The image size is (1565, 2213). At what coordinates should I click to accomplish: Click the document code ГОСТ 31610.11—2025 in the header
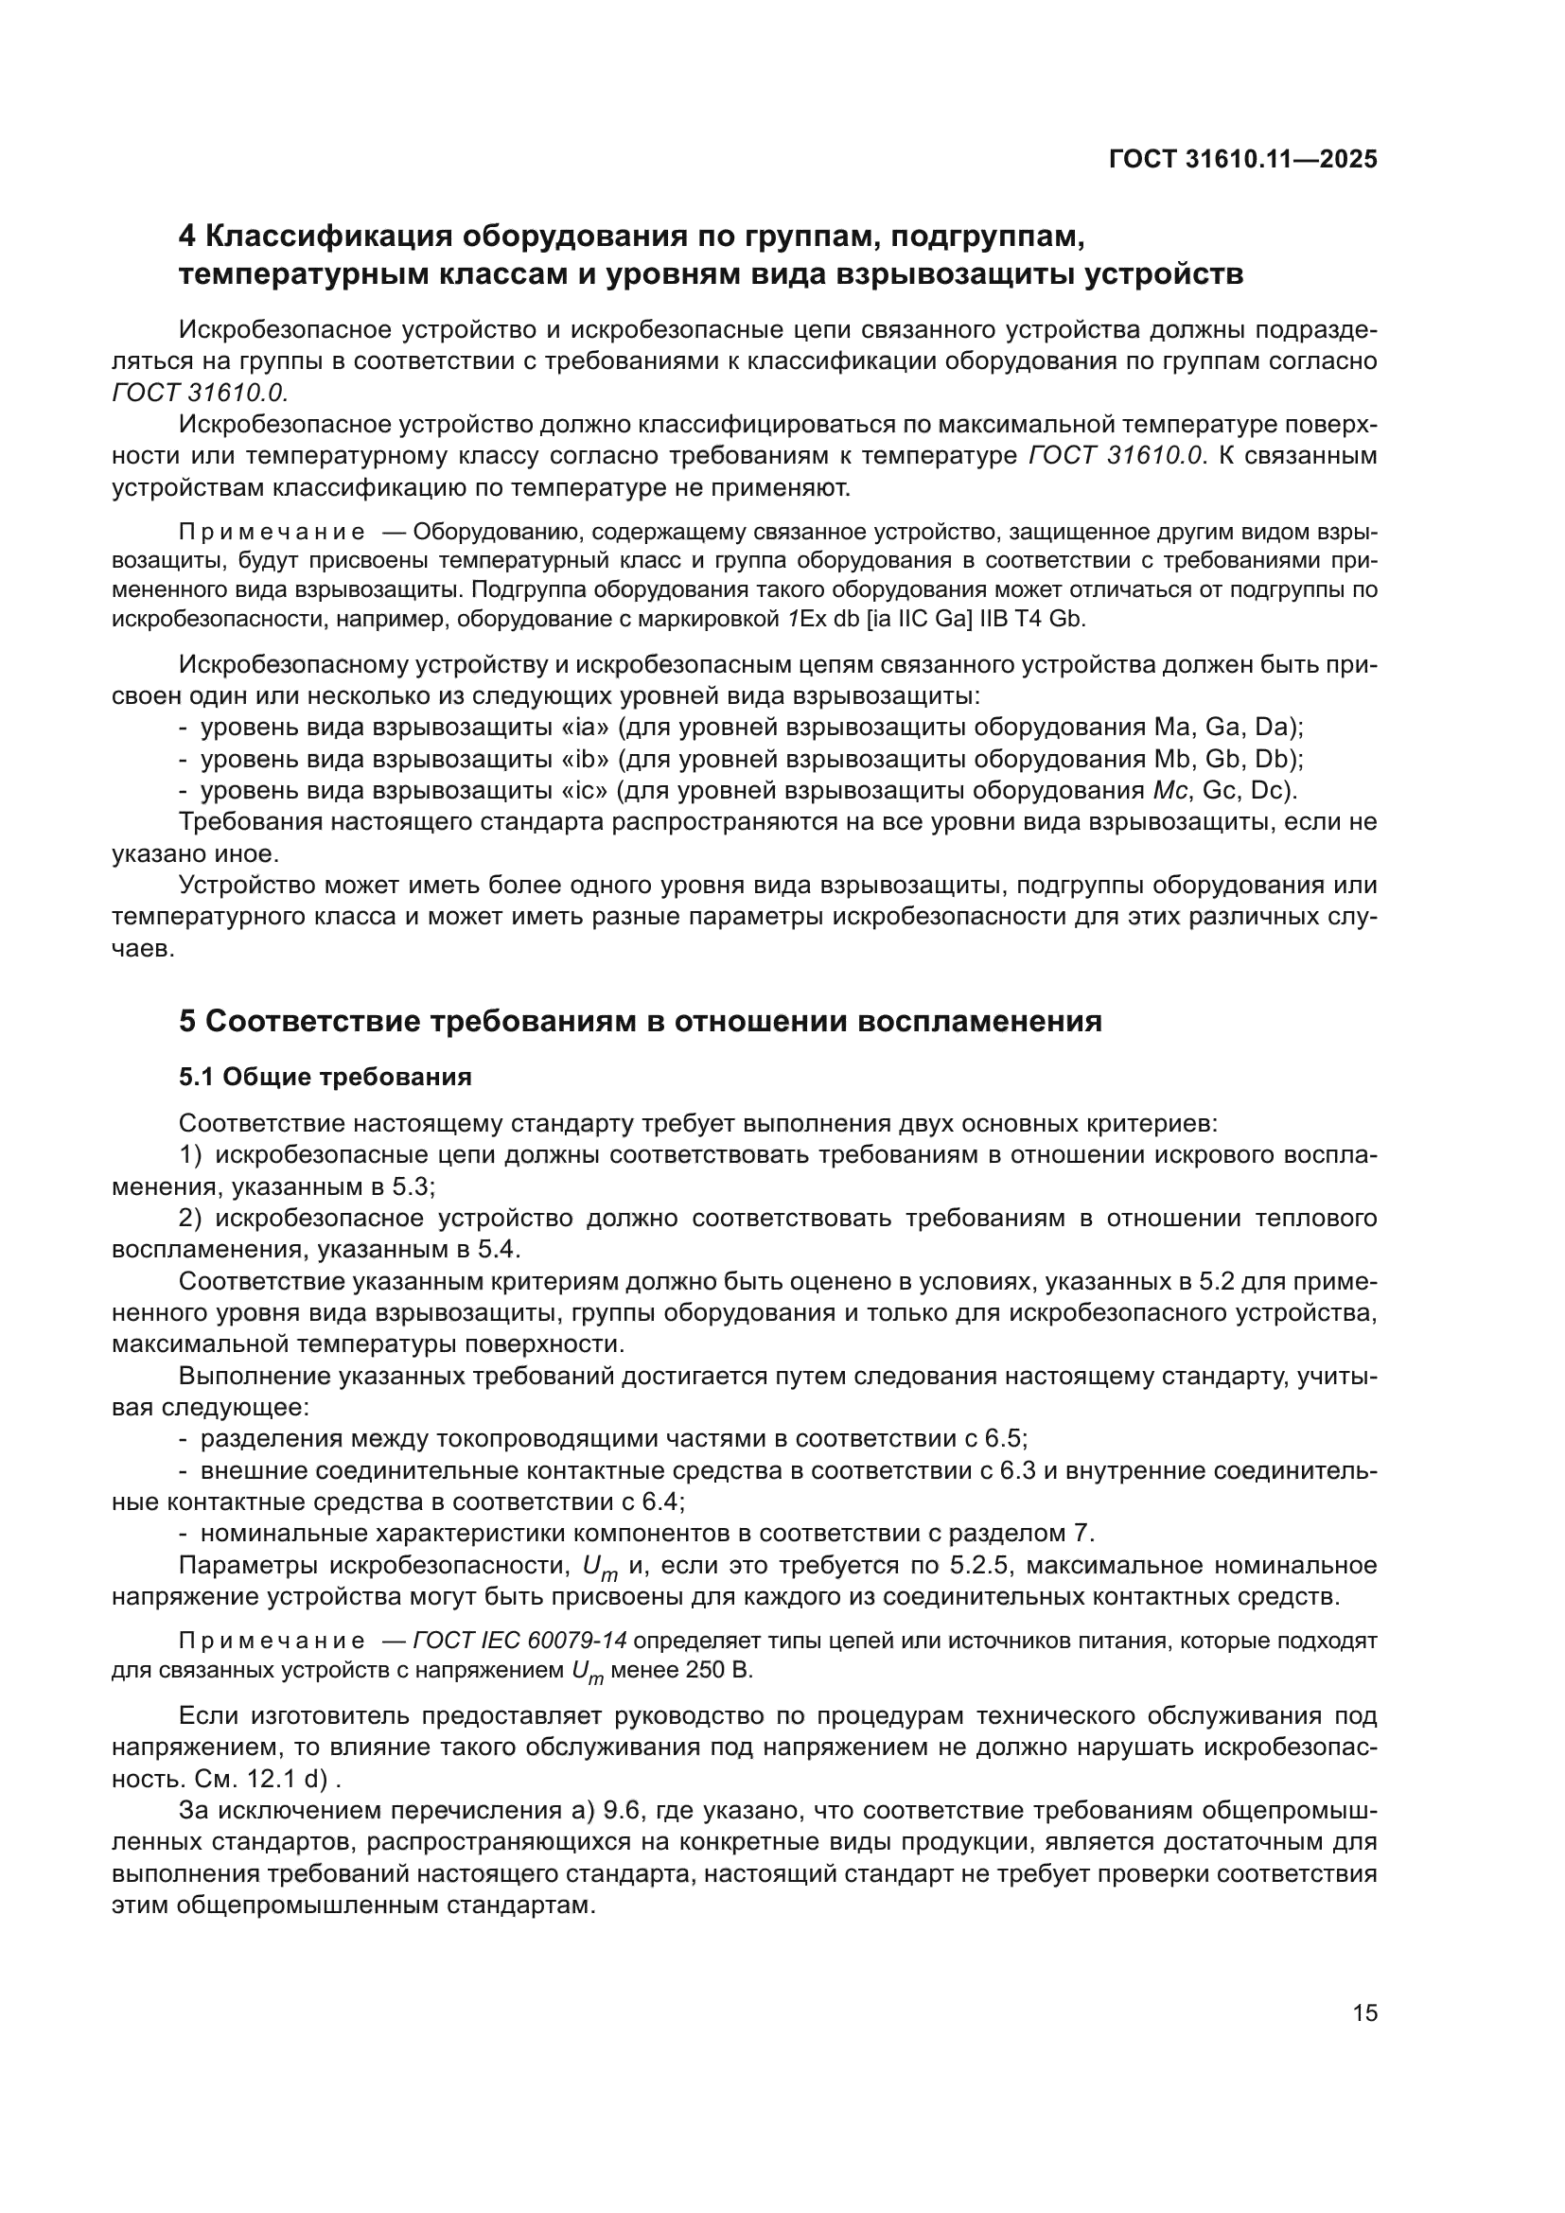coord(1242,160)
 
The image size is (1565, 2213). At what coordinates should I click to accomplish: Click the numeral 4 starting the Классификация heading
coord(189,237)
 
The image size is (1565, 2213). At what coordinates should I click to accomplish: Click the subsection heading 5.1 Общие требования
coord(325,1078)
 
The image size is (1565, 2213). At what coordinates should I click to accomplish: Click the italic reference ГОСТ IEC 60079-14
coord(519,1664)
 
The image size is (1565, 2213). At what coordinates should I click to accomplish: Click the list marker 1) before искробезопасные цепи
coord(190,1154)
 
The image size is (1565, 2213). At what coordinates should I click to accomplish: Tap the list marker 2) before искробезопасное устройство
coord(190,1219)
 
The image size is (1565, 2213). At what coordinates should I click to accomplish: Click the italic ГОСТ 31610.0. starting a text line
coord(200,394)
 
